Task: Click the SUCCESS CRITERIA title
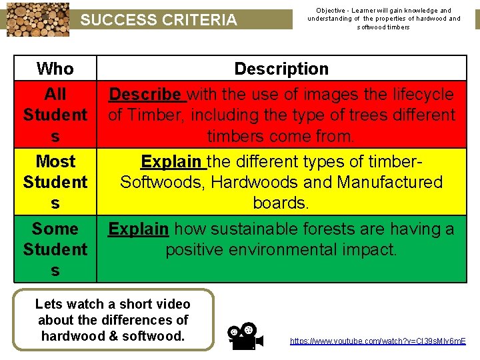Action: (x=159, y=20)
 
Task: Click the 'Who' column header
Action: (x=55, y=69)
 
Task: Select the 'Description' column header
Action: (x=281, y=69)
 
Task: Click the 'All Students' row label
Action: (x=55, y=115)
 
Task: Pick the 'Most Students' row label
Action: (x=55, y=181)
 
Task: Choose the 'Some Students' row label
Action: (x=55, y=249)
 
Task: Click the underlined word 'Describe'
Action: (x=145, y=95)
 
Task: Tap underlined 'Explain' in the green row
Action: (x=138, y=229)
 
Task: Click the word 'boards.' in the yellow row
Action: (x=281, y=203)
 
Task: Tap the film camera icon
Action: (x=242, y=336)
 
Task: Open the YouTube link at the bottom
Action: (x=377, y=341)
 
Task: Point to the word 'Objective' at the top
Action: (x=329, y=11)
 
